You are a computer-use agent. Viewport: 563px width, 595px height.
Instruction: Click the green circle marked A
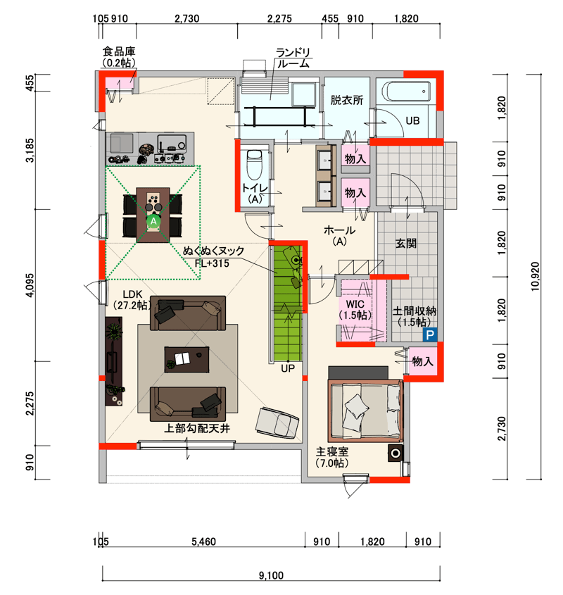153,221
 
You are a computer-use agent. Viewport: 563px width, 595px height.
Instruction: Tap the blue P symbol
430,334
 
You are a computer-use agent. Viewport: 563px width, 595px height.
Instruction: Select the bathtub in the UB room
406,91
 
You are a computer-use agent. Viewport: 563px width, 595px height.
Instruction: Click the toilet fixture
254,164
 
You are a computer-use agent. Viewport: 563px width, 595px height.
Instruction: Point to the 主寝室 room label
332,451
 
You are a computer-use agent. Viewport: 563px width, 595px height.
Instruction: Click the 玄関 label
406,243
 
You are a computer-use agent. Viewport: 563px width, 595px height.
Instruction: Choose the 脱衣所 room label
347,100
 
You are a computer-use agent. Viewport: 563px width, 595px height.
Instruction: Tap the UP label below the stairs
288,368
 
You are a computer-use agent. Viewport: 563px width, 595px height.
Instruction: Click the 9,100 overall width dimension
271,575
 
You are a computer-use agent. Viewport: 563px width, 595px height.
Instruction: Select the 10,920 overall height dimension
535,277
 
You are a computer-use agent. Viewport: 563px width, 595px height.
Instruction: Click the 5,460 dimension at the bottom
203,541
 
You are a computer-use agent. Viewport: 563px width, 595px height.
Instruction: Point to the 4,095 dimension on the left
30,285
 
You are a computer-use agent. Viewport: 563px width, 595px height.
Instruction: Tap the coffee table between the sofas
186,359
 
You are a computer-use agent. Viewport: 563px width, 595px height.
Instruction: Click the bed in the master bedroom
365,411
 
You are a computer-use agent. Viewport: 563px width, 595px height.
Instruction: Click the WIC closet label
355,304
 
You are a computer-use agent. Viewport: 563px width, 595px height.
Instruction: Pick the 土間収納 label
415,311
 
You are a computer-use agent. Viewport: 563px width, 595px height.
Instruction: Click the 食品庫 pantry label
119,51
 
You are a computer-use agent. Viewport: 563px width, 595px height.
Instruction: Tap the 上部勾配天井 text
197,428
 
